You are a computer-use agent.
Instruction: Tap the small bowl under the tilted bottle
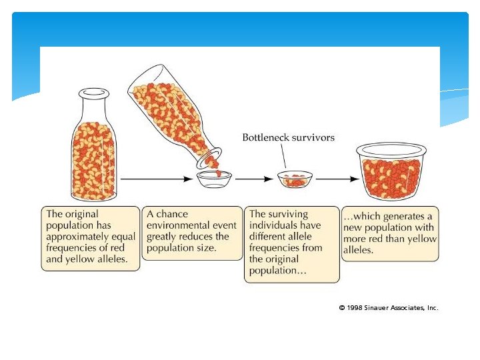click(x=214, y=178)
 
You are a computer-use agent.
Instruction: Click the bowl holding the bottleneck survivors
click(x=295, y=179)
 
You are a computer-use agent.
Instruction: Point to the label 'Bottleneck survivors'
click(x=288, y=138)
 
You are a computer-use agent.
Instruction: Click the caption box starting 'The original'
click(x=91, y=237)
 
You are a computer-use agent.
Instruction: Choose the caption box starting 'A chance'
click(x=192, y=232)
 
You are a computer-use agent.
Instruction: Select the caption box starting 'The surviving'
click(x=291, y=243)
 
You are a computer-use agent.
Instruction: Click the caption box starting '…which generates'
click(x=390, y=233)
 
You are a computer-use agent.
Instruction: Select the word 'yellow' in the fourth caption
click(x=421, y=239)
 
